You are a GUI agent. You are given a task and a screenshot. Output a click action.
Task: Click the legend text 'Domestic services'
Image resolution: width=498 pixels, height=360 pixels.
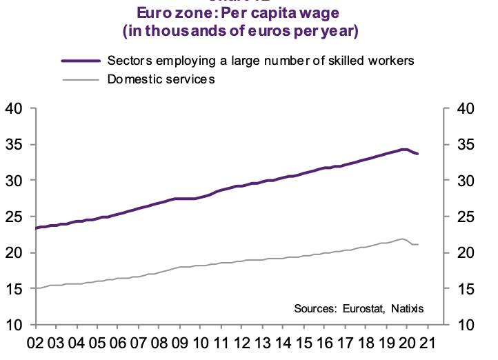(x=161, y=79)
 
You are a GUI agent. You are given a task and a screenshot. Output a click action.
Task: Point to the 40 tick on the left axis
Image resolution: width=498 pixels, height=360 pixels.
(x=15, y=109)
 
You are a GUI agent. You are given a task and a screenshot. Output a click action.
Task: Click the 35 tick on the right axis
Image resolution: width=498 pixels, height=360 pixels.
(x=461, y=145)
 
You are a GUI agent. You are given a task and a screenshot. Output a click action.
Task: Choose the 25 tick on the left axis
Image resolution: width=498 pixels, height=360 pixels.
(x=15, y=217)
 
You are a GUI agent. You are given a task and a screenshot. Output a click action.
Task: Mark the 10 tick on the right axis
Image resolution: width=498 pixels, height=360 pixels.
(x=461, y=325)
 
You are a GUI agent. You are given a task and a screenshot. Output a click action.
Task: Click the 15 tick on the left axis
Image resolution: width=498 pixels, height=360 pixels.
(x=15, y=289)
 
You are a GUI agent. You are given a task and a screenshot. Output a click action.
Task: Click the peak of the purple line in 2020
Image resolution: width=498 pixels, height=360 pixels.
(x=404, y=149)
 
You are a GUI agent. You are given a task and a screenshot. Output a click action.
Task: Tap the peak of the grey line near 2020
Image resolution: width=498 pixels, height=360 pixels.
(x=401, y=239)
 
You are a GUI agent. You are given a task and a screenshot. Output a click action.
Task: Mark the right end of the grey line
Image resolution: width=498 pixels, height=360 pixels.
(x=418, y=245)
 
